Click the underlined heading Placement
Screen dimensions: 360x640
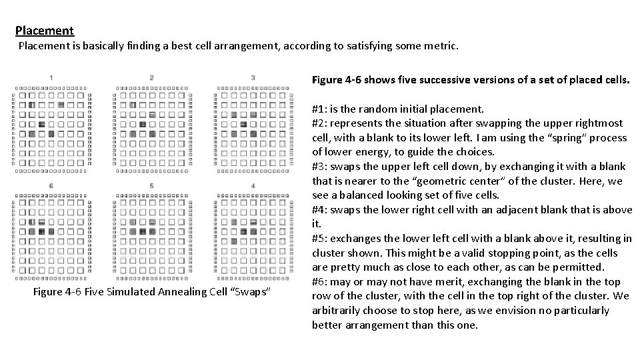tap(45, 31)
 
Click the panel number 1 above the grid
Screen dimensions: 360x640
tap(51, 78)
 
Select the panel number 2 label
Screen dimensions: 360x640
tap(152, 78)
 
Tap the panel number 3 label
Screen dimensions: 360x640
tap(253, 78)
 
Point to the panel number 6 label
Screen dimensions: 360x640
tap(51, 185)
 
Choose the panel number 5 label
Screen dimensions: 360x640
tap(152, 185)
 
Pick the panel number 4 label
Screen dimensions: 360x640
tap(253, 185)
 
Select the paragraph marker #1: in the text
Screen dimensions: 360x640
tap(320, 109)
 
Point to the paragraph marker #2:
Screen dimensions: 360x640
tap(320, 123)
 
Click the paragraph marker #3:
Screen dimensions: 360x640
tap(320, 167)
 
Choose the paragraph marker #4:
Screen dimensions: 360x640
tap(320, 210)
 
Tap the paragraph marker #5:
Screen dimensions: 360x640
tap(320, 239)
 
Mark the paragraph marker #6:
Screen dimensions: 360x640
tap(320, 282)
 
